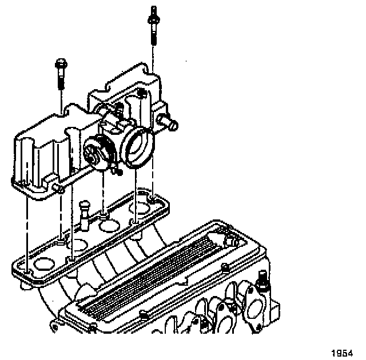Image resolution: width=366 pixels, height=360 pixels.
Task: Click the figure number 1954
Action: pyautogui.click(x=342, y=353)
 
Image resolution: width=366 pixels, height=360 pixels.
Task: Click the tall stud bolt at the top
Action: pyautogui.click(x=153, y=25)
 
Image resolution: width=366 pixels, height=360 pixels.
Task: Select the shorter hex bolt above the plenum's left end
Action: pyautogui.click(x=61, y=74)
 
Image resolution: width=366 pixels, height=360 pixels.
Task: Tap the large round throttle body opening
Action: pyautogui.click(x=138, y=147)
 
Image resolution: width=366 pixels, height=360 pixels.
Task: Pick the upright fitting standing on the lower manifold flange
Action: pyautogui.click(x=84, y=215)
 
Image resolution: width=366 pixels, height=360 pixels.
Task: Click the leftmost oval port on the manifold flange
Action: pyautogui.click(x=44, y=264)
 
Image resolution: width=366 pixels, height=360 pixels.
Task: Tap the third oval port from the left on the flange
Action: pyautogui.click(x=109, y=226)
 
